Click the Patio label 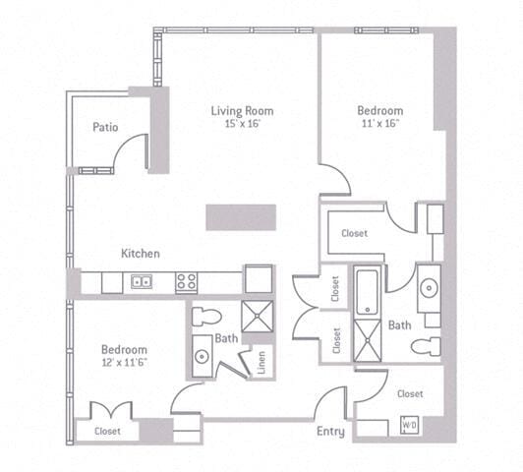pyautogui.click(x=106, y=127)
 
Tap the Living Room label pyautogui.click(x=242, y=111)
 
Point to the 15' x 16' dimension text pyautogui.click(x=242, y=124)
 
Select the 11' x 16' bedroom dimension pyautogui.click(x=379, y=124)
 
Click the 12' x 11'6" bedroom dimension pyautogui.click(x=125, y=363)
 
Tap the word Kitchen pyautogui.click(x=141, y=254)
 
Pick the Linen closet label pyautogui.click(x=261, y=362)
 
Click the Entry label pyautogui.click(x=329, y=431)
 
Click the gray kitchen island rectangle pyautogui.click(x=238, y=217)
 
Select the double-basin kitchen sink pyautogui.click(x=141, y=283)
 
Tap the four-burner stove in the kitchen pyautogui.click(x=187, y=282)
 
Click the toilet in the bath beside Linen pyautogui.click(x=205, y=316)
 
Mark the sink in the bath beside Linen pyautogui.click(x=202, y=356)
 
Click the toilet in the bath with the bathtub pyautogui.click(x=425, y=346)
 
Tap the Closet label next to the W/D pyautogui.click(x=410, y=394)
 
